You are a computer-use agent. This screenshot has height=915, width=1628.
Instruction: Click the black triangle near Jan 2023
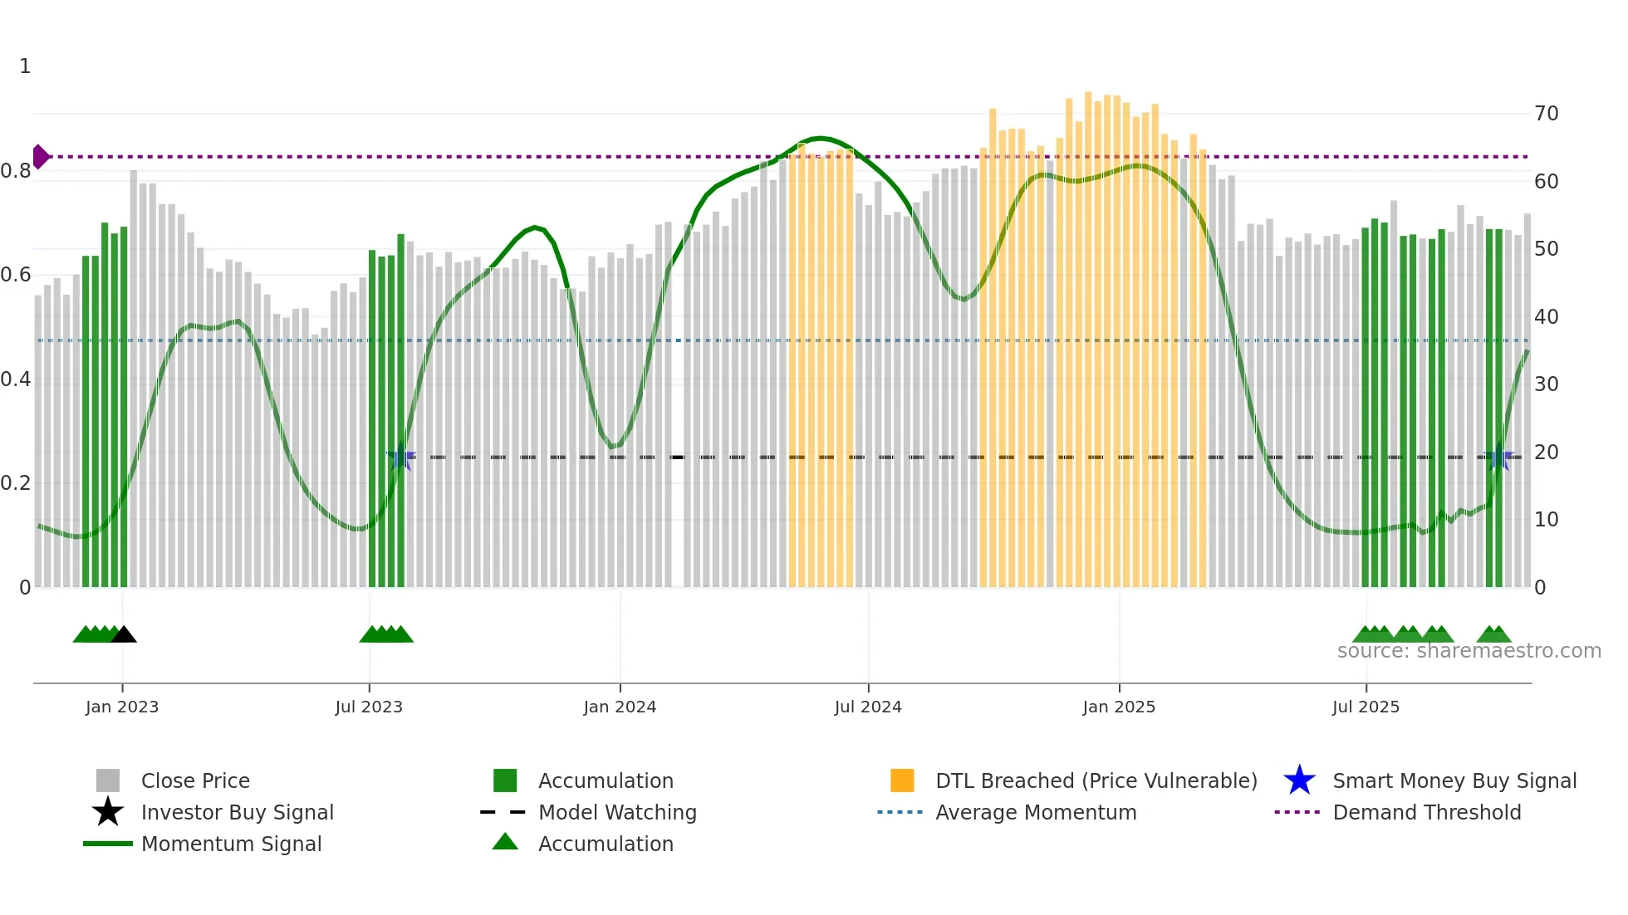point(124,635)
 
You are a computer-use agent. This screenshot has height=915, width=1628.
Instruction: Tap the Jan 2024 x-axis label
point(620,707)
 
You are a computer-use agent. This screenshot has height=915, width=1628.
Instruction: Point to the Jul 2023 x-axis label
point(369,707)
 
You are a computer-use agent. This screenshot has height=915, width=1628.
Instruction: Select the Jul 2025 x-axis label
point(1366,707)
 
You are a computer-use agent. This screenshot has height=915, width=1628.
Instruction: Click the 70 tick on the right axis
point(1546,114)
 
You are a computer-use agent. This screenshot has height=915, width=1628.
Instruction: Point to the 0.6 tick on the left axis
point(16,275)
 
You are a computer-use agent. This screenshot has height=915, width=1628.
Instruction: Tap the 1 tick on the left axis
point(25,66)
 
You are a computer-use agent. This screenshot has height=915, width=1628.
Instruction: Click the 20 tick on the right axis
point(1546,453)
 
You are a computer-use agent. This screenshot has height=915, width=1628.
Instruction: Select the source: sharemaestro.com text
point(1469,651)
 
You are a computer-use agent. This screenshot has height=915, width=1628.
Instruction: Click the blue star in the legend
point(1299,780)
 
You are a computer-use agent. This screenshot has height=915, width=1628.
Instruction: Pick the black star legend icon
point(108,812)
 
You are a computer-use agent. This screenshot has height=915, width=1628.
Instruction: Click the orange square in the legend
point(902,780)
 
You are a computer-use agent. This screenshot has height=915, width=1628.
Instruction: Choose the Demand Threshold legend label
point(1426,812)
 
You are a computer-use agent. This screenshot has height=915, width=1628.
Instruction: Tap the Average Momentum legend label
point(1036,812)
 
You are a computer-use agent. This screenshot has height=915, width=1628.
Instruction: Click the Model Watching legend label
point(617,812)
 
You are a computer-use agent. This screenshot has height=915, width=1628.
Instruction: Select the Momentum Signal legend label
point(231,844)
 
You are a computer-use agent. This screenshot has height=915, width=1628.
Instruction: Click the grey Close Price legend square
point(108,780)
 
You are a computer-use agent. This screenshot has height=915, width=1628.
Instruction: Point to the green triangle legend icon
point(505,842)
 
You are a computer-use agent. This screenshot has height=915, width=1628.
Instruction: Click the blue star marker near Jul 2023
point(400,457)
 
